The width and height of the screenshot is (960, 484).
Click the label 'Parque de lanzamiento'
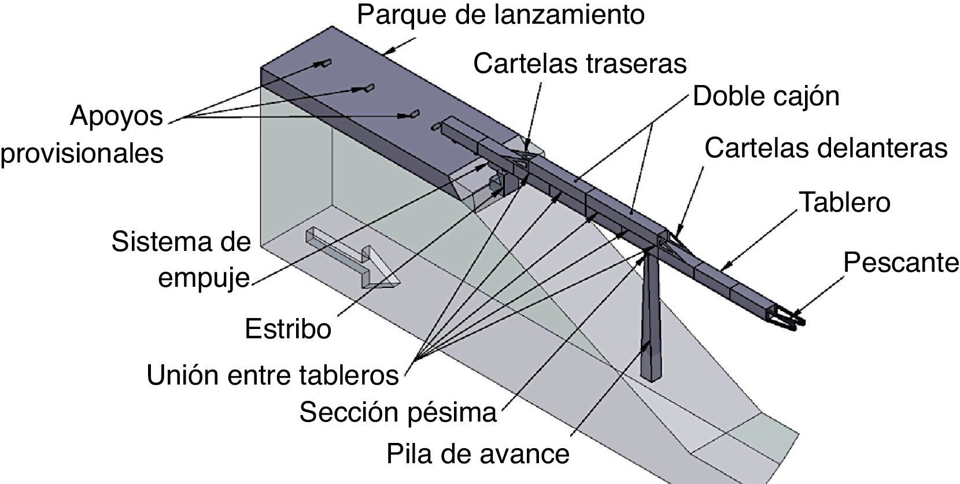coord(500,14)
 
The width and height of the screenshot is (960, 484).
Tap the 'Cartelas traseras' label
coord(579,63)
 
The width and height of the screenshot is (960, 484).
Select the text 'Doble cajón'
coord(766,96)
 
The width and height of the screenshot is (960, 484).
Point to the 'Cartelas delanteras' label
coord(826,148)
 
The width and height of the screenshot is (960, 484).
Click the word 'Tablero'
coord(844,202)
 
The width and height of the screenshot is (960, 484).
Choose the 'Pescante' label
coord(900,263)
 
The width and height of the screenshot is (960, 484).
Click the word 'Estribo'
coord(287,329)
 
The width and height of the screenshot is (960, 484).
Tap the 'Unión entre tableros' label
coord(272,375)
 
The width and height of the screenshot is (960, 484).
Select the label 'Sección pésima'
coord(398,413)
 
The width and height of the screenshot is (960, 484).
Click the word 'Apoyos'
coord(116,116)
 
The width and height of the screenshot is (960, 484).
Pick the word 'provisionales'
coord(82,153)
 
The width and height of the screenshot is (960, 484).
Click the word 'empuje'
coord(204,278)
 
